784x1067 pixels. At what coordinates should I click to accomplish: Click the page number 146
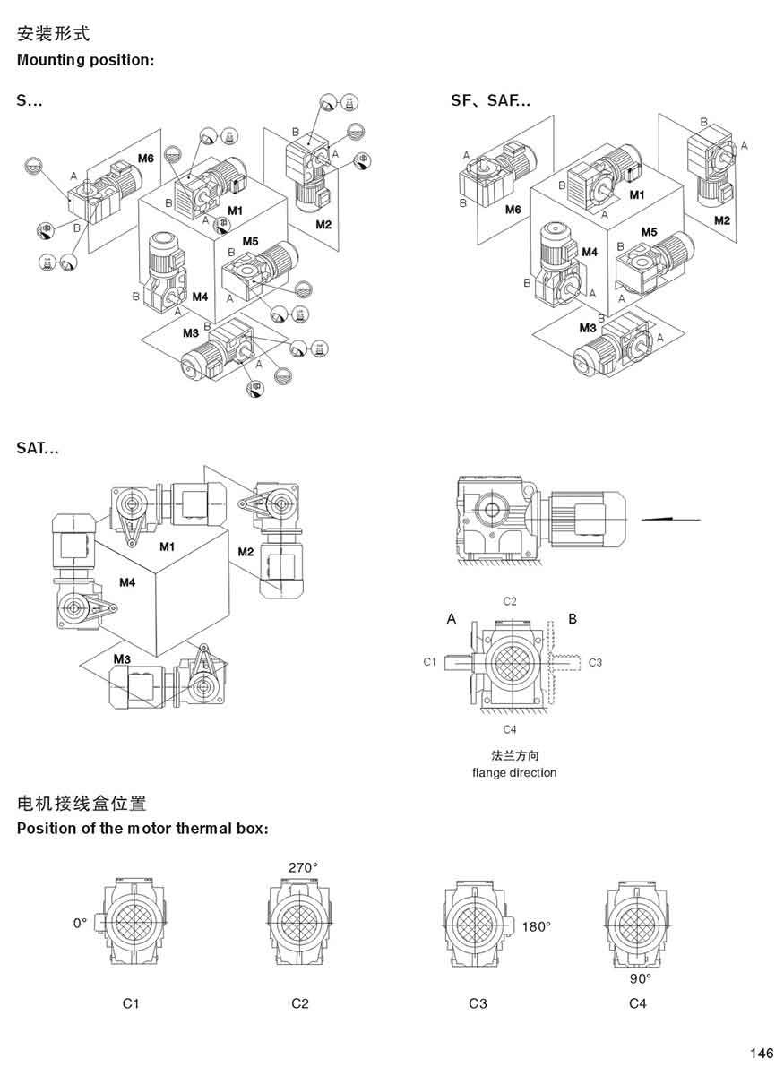762,1052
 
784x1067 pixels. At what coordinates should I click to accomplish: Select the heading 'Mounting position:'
86,61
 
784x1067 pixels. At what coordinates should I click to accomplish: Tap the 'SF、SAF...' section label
490,101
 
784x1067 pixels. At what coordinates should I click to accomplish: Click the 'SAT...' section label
38,448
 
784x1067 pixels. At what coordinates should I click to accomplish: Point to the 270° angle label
303,867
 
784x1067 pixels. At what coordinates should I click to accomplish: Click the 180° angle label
536,926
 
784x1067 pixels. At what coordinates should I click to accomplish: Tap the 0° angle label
81,922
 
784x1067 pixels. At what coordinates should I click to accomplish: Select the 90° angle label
641,978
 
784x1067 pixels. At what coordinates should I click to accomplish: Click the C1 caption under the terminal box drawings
131,1003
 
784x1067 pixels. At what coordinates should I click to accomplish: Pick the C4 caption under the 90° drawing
637,1003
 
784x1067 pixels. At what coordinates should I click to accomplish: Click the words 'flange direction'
514,772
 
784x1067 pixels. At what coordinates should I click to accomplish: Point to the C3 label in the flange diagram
595,662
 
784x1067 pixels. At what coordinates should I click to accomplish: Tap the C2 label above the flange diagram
509,601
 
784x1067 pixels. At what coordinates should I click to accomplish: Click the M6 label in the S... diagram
146,159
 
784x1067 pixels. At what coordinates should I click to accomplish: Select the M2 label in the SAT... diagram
246,551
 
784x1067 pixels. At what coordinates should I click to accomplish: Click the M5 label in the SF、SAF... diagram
649,232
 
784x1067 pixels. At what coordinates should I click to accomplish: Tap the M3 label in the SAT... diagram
123,658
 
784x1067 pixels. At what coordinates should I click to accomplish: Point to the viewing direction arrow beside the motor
671,519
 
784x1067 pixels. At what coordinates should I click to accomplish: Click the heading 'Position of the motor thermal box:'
142,828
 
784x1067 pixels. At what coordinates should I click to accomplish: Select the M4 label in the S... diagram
199,296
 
